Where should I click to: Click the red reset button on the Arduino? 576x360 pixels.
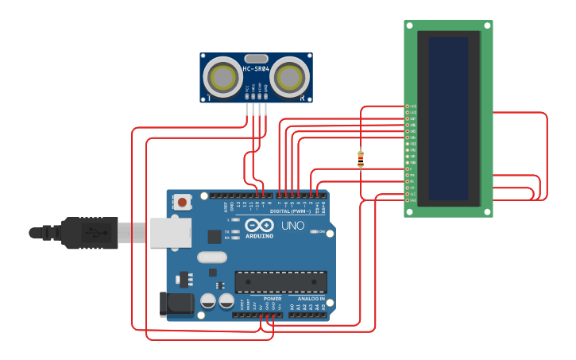click(x=183, y=202)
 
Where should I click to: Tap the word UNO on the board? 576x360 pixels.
click(x=293, y=225)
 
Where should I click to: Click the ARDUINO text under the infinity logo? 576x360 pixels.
click(x=259, y=236)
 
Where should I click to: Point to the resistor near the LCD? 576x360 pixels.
click(x=361, y=158)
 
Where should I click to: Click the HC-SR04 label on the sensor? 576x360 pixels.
click(x=256, y=69)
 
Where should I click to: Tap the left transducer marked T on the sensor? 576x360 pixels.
click(x=222, y=77)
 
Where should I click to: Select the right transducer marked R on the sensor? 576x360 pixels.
click(x=289, y=77)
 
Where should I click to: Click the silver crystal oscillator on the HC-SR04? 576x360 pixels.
click(x=256, y=58)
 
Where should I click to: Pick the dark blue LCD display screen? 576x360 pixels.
click(x=448, y=118)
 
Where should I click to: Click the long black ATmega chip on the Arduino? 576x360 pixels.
click(x=280, y=282)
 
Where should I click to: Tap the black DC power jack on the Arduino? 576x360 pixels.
click(x=176, y=304)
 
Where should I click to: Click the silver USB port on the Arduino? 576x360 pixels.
click(x=171, y=233)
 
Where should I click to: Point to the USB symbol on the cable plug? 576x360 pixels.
click(x=93, y=233)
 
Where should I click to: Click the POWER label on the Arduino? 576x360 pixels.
click(x=261, y=299)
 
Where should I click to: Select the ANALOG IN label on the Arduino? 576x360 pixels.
click(x=311, y=299)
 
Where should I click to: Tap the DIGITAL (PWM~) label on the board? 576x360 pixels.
click(x=291, y=211)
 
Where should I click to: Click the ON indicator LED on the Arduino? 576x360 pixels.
click(x=313, y=232)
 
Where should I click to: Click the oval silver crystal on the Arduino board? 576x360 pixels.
click(x=212, y=257)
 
